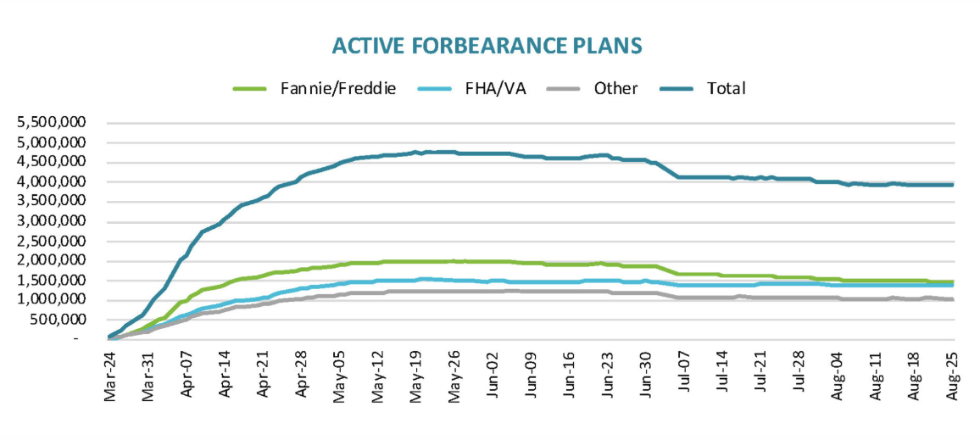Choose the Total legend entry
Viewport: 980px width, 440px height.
725,88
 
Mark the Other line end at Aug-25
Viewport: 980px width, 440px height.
952,299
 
